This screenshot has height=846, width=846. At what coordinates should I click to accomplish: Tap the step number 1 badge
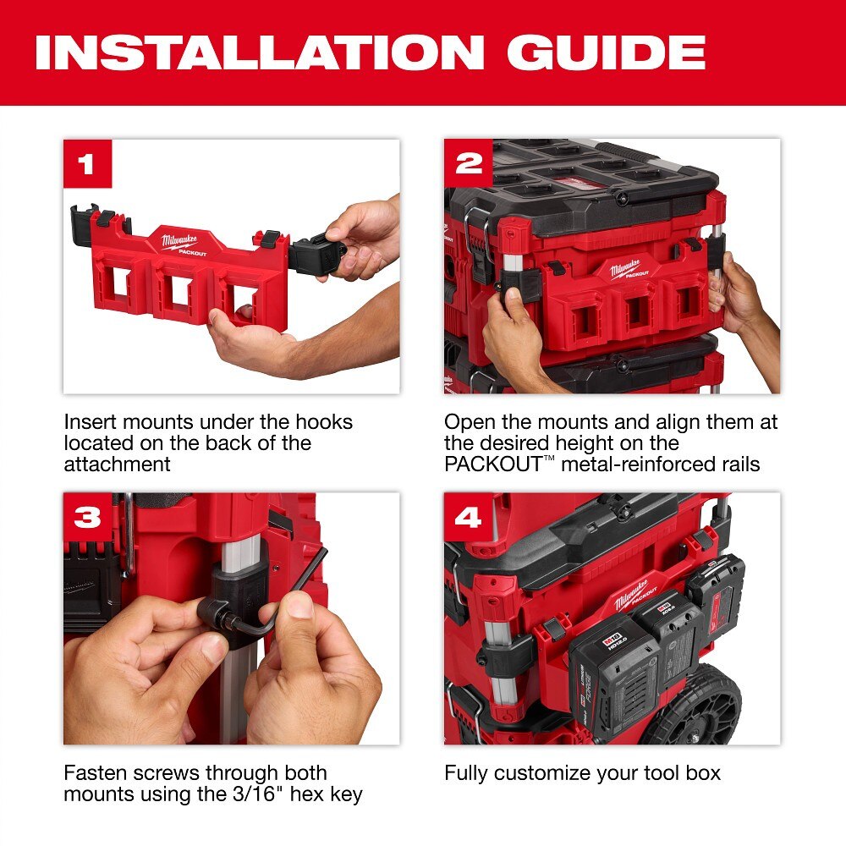[x=87, y=163]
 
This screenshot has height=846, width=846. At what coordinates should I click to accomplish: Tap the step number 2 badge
[x=468, y=163]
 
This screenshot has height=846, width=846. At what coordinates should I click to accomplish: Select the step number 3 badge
[x=87, y=517]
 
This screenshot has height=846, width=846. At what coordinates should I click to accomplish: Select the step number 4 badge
[x=468, y=517]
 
